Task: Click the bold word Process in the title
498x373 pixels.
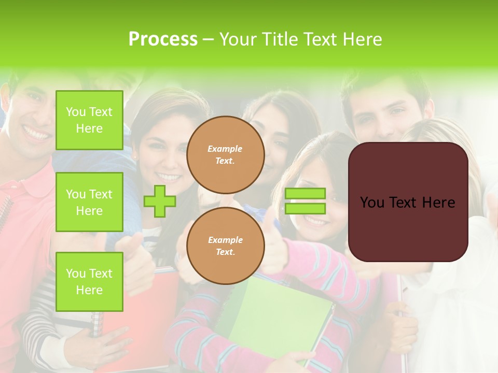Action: [x=163, y=39]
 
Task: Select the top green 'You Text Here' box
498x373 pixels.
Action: [x=89, y=120]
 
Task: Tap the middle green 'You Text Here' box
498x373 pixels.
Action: [x=89, y=202]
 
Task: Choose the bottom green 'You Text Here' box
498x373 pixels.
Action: [x=89, y=282]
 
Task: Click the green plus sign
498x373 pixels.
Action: [x=159, y=202]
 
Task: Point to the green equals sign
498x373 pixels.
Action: [x=305, y=201]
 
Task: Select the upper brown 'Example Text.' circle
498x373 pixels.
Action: [x=225, y=155]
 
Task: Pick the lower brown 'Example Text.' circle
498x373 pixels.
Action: [x=225, y=246]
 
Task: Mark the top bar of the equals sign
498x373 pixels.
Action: [x=305, y=194]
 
